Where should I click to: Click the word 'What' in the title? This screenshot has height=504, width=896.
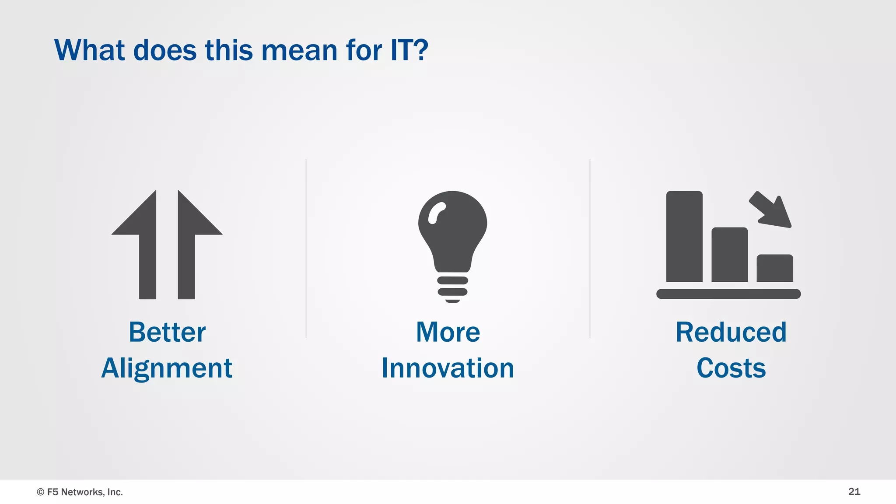tap(90, 50)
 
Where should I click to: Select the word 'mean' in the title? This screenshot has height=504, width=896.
tap(299, 50)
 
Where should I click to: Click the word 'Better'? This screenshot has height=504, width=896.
tap(167, 332)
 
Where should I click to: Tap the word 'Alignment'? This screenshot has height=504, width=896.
tap(167, 368)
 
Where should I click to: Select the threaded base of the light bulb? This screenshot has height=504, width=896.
tap(452, 289)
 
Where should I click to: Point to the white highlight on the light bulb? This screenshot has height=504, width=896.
tap(436, 213)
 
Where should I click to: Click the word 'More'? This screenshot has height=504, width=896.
tap(448, 332)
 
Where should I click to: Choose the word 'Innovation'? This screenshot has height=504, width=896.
tap(448, 368)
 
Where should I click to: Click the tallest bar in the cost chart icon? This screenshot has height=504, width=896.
tap(684, 236)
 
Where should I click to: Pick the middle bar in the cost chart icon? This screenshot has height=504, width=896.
tap(729, 255)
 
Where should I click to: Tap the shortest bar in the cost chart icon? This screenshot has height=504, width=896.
tap(775, 268)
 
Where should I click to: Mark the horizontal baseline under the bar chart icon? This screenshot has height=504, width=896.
tap(728, 294)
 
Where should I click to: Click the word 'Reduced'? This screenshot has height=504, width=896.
tap(731, 332)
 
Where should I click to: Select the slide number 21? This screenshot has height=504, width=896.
tap(854, 491)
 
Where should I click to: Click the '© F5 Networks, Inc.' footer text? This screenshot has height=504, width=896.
tap(80, 492)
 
